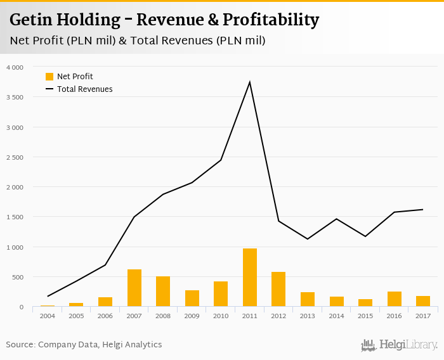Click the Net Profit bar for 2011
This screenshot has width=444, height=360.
pos(250,278)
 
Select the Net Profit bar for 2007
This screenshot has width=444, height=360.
pos(134,288)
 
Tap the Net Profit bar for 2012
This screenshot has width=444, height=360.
pos(278,290)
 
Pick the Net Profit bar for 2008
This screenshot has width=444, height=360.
pos(163,292)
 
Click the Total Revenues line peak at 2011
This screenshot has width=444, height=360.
pos(250,82)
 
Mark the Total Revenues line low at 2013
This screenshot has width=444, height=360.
pos(308,239)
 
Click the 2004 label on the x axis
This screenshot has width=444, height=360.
pos(48,316)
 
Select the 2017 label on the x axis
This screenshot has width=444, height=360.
pos(423,316)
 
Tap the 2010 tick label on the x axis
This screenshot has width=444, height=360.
pos(221,316)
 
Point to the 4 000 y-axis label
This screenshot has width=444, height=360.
pos(14,67)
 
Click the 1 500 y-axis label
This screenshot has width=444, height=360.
pos(14,217)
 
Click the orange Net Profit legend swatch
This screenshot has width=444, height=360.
pos(49,77)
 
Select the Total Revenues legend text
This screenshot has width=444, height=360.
pos(84,89)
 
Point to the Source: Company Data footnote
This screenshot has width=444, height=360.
pos(84,345)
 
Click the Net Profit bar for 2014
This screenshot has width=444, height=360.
pos(337,302)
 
